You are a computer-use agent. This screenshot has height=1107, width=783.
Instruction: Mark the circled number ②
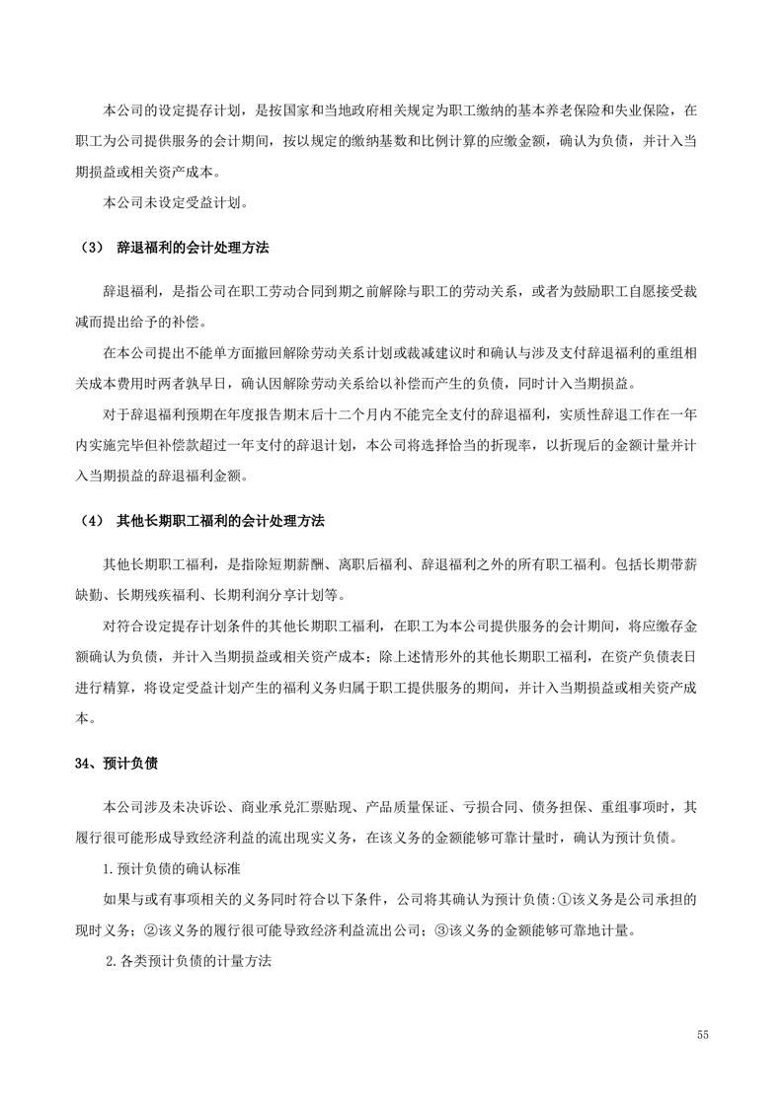click(x=151, y=929)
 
